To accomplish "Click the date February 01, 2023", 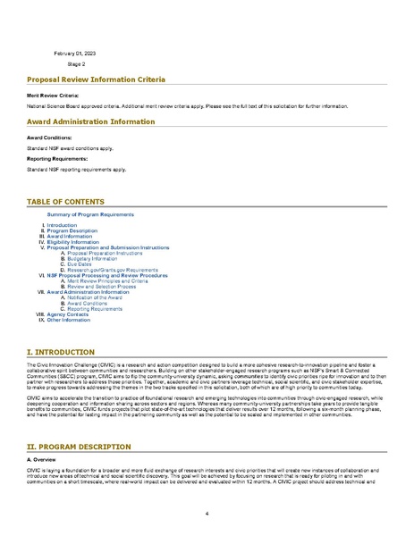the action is [73, 54].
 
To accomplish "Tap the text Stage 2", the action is [76, 64].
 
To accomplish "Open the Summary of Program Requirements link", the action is [90, 215].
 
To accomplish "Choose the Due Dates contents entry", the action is [81, 264].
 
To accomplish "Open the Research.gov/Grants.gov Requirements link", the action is [113, 270].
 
